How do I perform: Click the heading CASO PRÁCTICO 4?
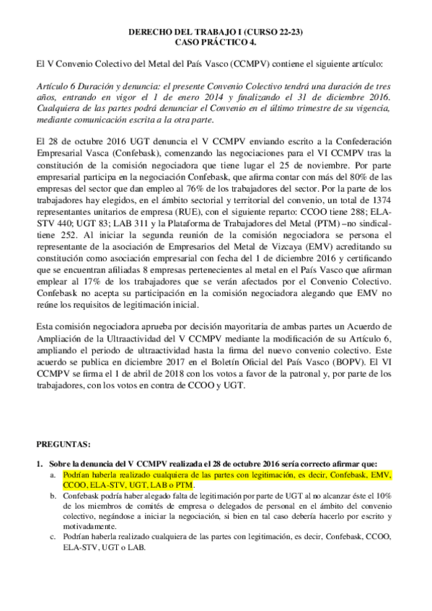(216, 43)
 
